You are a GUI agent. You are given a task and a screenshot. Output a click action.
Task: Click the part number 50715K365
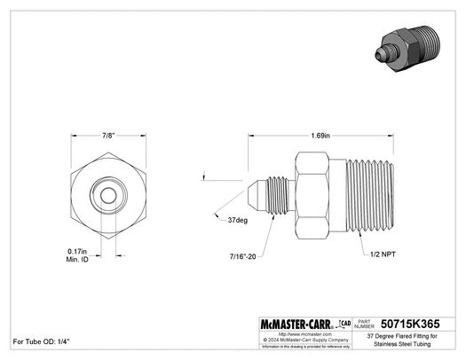coord(415,324)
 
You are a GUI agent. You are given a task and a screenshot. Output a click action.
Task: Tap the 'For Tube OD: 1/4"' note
coord(41,341)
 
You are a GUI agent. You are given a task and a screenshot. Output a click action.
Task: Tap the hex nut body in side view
coord(315,195)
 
